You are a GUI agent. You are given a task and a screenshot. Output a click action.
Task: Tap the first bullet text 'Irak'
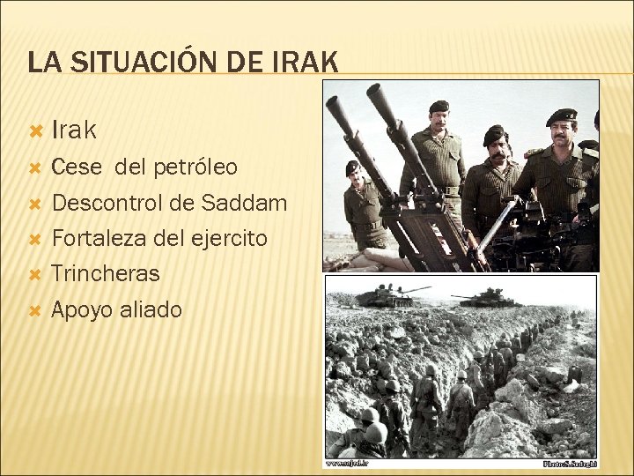point(74,130)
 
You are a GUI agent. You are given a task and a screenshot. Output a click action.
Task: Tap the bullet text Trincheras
point(106,273)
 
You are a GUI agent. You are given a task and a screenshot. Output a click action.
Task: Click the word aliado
point(151,309)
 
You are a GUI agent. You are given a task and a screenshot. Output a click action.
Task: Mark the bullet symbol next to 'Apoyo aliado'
point(35,310)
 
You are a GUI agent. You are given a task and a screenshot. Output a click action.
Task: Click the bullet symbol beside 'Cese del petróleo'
point(35,167)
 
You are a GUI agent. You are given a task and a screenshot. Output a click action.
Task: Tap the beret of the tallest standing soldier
point(439,107)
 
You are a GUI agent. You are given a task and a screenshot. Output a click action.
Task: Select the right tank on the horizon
point(489,298)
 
